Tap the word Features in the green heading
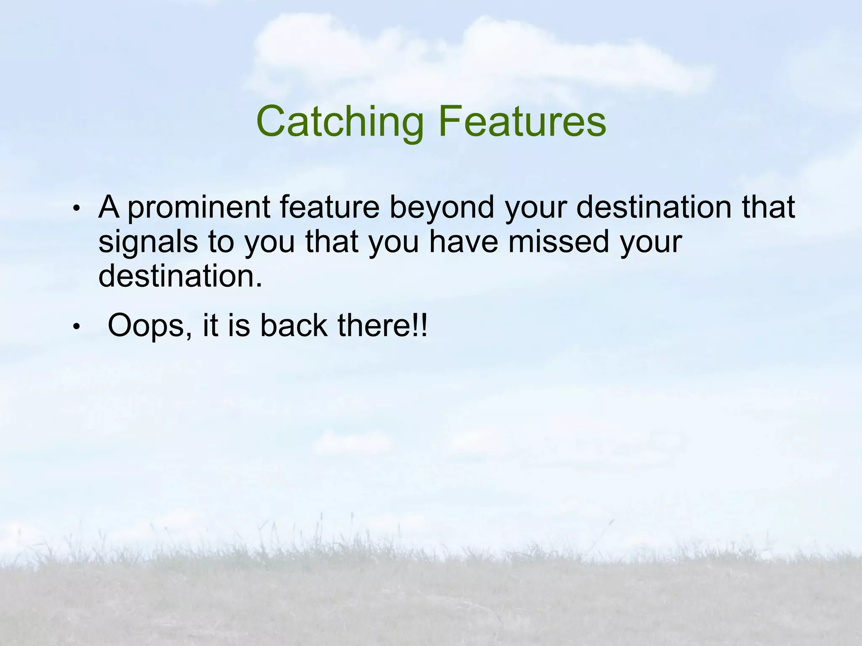point(522,122)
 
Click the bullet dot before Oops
point(76,327)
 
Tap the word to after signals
point(221,242)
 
